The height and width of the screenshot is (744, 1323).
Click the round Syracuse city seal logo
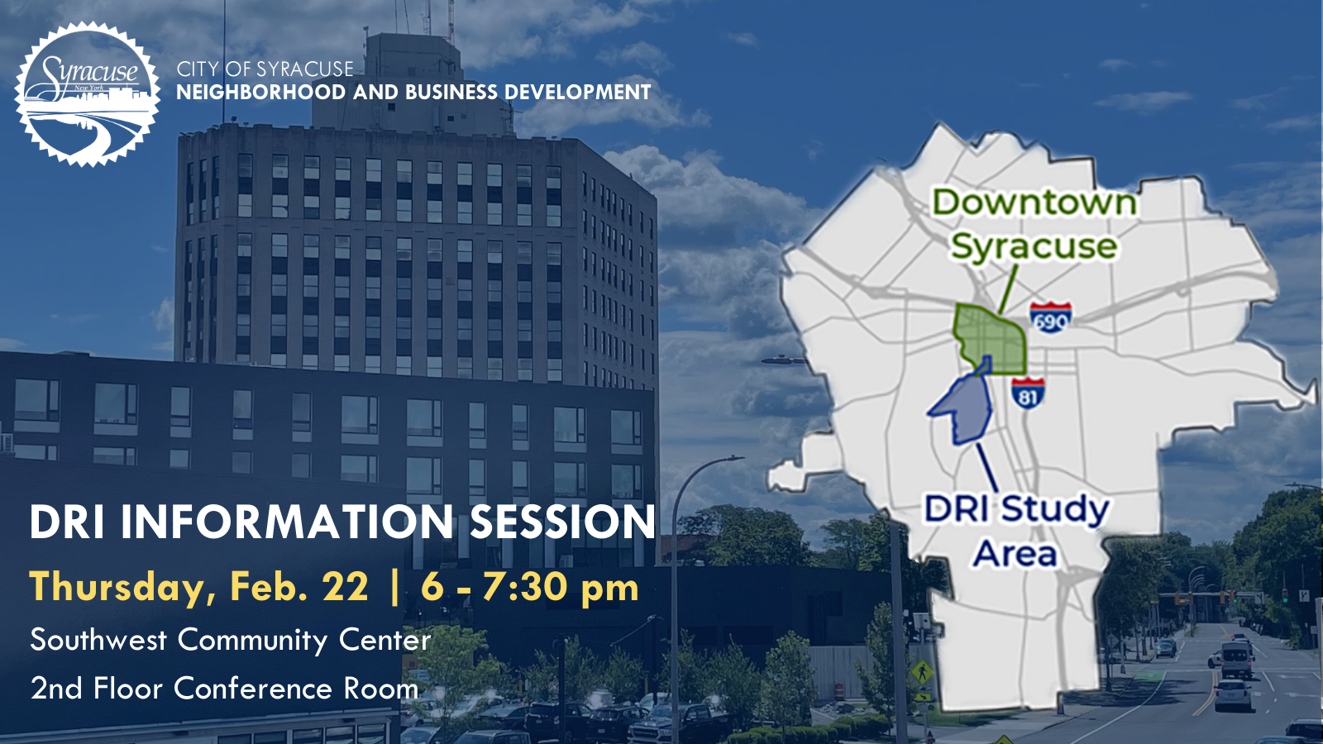[x=88, y=93]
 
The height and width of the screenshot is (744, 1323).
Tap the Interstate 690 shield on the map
[x=1050, y=317]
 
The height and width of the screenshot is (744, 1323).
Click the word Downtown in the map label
[x=1034, y=203]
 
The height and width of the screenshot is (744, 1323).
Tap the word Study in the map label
[x=1055, y=510]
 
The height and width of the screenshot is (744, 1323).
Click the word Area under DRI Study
[x=1015, y=554]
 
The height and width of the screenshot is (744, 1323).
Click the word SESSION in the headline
[x=562, y=522]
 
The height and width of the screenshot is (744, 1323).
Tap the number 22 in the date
[x=345, y=588]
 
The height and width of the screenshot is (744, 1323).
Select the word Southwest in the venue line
[x=98, y=640]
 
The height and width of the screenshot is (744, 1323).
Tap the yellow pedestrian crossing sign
[x=922, y=674]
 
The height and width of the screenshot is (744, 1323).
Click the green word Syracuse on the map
[x=1034, y=246]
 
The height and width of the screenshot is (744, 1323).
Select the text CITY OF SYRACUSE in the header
[x=265, y=69]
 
